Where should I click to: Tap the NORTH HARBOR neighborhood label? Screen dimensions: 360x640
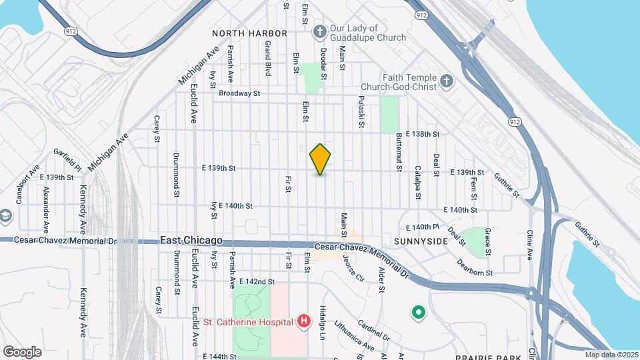tap(249, 33)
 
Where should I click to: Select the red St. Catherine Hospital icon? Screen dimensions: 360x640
tap(304, 322)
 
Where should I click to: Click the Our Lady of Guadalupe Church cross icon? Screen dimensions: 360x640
tap(321, 31)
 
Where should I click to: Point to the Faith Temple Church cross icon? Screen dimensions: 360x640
tap(447, 81)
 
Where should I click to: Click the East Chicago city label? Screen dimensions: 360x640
tap(191, 241)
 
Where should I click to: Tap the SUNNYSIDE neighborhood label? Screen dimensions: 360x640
tap(420, 241)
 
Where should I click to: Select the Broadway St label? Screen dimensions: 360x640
tap(239, 94)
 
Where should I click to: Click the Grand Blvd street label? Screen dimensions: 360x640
tap(267, 57)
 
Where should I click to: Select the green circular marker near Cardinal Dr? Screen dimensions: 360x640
tap(419, 311)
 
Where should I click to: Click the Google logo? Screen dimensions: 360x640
tap(22, 351)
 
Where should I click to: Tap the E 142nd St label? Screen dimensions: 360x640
tap(257, 282)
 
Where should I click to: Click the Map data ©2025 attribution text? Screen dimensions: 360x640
tap(611, 354)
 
